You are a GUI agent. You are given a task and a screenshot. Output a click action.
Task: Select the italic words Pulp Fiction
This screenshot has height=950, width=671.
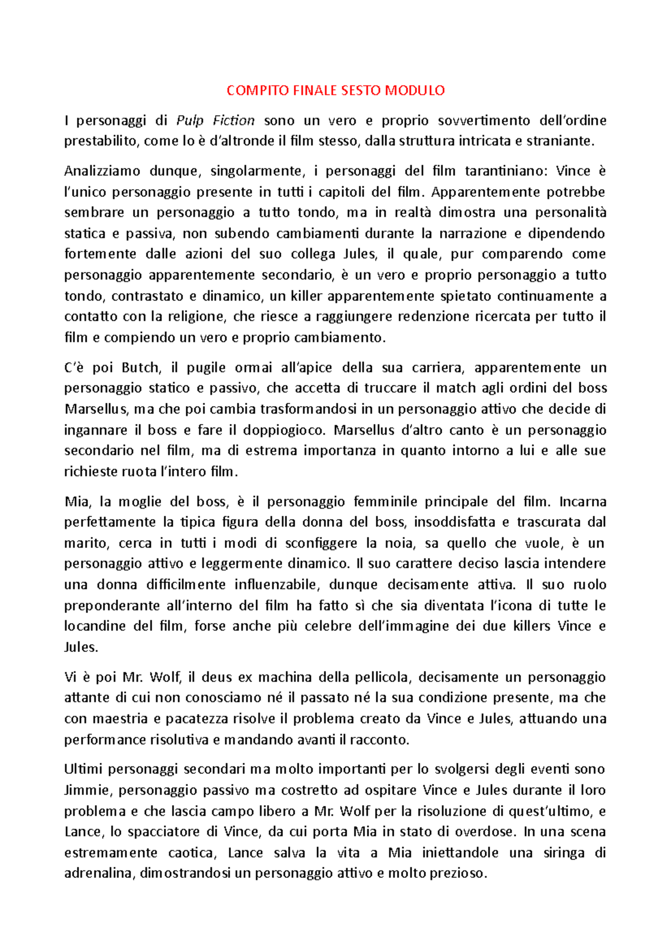click(x=215, y=120)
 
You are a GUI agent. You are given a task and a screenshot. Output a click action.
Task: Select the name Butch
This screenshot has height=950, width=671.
click(x=141, y=368)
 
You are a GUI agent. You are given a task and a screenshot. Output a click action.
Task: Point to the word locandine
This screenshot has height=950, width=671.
click(x=94, y=626)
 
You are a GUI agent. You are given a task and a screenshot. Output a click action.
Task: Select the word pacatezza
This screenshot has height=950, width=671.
click(x=198, y=719)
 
